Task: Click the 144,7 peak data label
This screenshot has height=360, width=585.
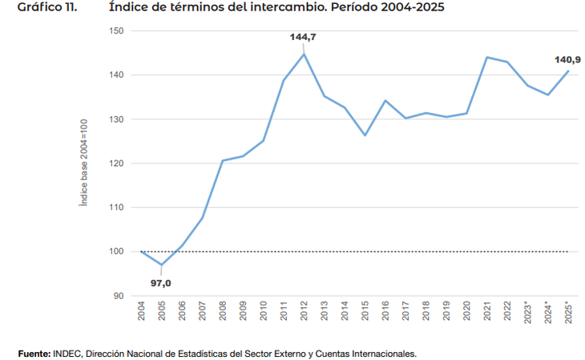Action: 304,37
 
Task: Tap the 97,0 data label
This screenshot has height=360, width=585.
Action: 161,282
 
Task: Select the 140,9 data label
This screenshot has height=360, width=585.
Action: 567,59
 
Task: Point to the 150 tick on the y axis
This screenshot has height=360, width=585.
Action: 117,30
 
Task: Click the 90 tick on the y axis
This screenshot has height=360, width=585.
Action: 119,296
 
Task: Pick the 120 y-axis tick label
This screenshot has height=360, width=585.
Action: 117,164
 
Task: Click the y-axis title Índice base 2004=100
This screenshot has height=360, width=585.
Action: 83,164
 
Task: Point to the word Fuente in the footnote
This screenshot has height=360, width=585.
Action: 34,353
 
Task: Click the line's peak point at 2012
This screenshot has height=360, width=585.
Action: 304,54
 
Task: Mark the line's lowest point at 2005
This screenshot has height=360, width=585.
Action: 161,265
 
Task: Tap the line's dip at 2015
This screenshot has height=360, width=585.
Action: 365,136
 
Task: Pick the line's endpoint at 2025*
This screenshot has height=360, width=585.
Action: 567,71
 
